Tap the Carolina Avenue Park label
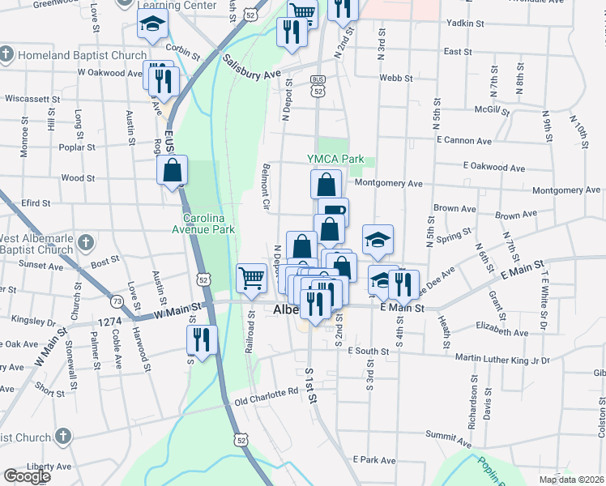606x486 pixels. point(208,224)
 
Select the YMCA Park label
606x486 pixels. point(335,160)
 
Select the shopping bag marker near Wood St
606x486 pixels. point(173,170)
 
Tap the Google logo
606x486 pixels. point(27,476)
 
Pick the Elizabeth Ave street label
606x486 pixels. point(502,331)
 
